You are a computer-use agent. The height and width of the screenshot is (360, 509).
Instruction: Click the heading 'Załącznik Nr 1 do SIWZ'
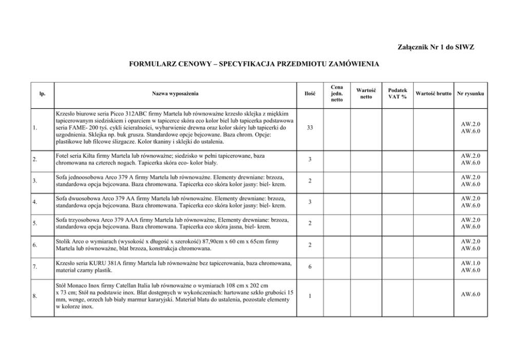[436, 47]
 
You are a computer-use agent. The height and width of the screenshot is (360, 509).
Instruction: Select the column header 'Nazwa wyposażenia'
[175, 94]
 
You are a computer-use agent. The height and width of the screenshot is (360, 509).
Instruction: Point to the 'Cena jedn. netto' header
[337, 93]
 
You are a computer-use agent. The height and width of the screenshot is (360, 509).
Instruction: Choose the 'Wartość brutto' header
[434, 94]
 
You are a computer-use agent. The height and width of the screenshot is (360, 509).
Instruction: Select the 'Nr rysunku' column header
[471, 94]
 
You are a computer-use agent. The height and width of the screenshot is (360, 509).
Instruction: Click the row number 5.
[34, 223]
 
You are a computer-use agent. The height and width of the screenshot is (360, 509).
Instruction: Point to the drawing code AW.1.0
[471, 263]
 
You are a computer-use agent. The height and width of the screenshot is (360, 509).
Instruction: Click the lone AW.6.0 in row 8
[471, 295]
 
